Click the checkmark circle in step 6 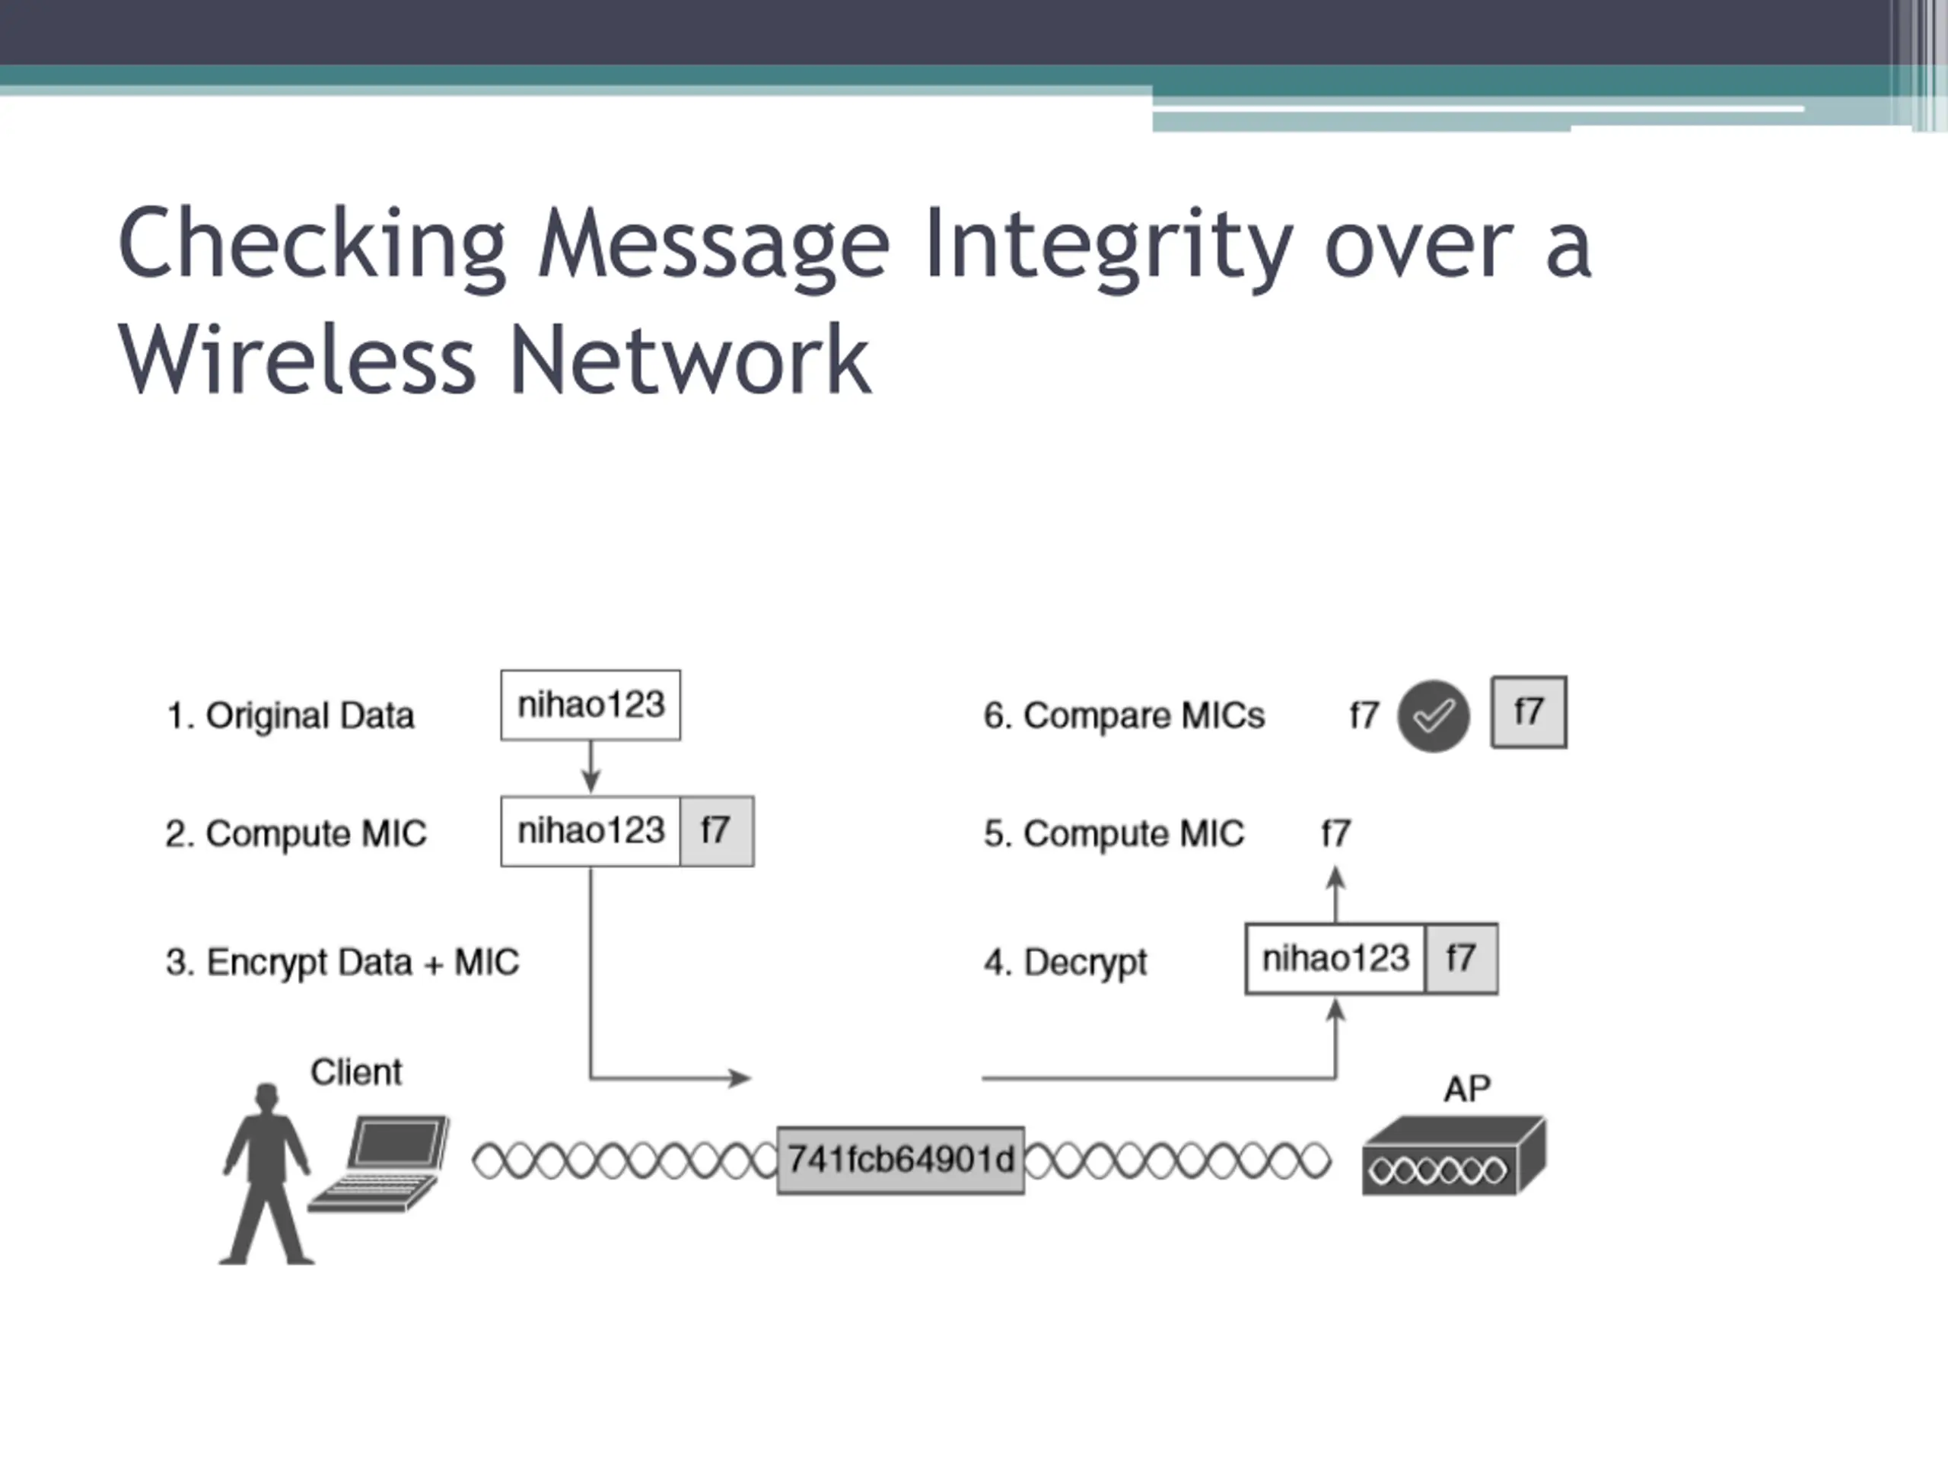pos(1433,716)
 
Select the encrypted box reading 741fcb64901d pos(900,1160)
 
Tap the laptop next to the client pos(381,1163)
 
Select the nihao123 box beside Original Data pos(590,705)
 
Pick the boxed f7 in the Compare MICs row pos(1528,712)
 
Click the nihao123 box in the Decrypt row pos(1335,958)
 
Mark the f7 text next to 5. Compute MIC pos(1335,833)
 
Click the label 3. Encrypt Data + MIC pos(342,962)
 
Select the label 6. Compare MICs pos(1124,716)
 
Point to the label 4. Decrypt pos(1065,962)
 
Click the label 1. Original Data pos(290,716)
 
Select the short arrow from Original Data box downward pos(591,767)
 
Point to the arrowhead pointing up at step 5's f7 pos(1336,877)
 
